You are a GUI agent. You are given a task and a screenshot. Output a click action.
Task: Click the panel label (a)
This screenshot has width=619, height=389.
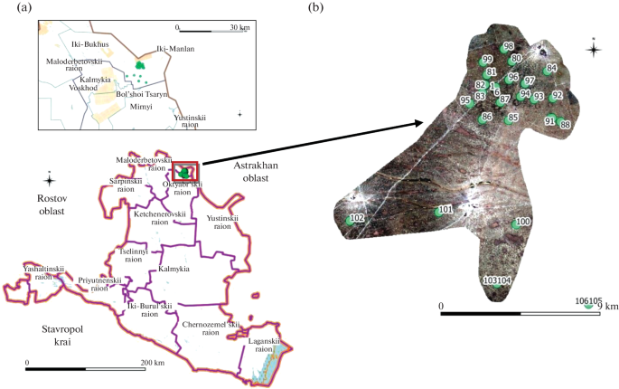11,8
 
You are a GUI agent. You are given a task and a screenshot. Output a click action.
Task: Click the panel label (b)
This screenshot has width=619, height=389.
316,8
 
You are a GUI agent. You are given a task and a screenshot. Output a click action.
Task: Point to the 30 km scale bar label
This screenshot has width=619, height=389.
239,27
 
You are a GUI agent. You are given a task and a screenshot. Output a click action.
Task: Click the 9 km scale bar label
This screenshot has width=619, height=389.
606,307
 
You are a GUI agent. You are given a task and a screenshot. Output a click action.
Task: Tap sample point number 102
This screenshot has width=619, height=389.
356,219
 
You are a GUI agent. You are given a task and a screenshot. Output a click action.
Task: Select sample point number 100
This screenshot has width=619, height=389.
522,222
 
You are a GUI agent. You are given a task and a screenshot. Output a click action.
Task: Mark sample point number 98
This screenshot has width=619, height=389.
509,46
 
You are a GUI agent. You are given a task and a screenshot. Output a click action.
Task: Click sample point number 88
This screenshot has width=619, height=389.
565,125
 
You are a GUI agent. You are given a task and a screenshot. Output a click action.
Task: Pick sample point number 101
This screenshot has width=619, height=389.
444,210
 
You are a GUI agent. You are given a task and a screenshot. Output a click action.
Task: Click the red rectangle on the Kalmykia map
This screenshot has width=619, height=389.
187,170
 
